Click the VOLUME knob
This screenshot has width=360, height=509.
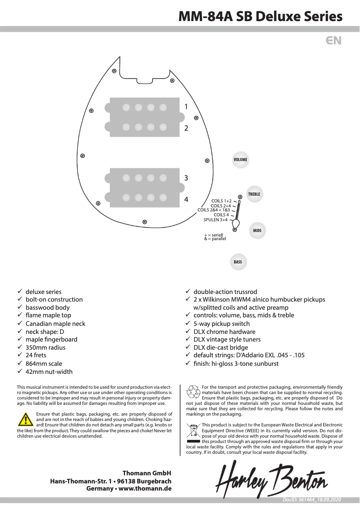(240, 160)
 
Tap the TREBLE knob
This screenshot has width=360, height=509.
(254, 194)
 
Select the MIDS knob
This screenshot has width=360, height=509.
(257, 230)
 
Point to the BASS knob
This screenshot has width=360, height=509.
(238, 262)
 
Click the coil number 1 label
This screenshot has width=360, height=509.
(186, 106)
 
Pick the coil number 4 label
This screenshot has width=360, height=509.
(186, 199)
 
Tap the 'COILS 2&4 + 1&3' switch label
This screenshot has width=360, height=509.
(214, 210)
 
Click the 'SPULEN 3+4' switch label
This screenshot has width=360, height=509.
(215, 220)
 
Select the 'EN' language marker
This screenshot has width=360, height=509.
(334, 41)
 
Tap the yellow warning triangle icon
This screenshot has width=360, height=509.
(23, 420)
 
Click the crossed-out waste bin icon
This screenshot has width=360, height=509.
(193, 431)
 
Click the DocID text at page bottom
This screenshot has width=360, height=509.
(312, 500)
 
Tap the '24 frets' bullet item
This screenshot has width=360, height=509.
(36, 355)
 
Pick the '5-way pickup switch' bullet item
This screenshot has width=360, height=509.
(221, 323)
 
